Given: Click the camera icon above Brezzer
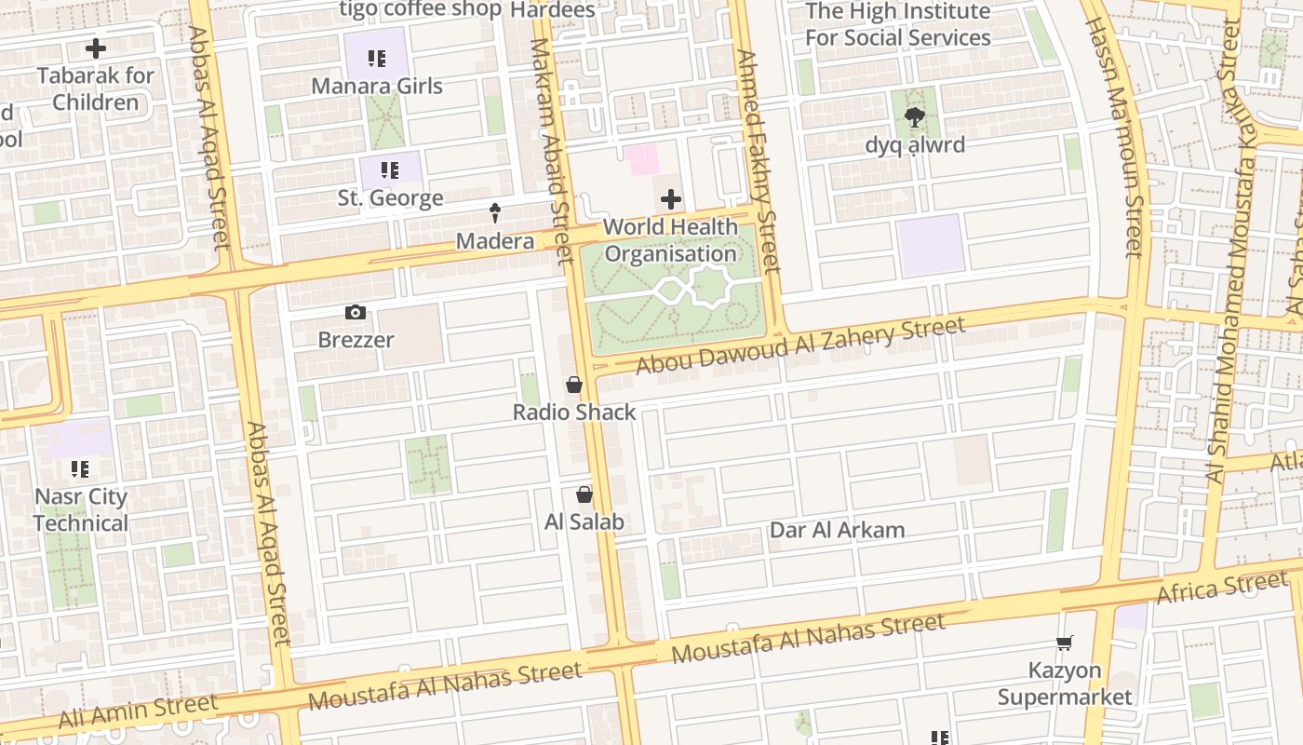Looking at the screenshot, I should [x=355, y=313].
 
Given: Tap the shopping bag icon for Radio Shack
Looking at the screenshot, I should [x=574, y=385].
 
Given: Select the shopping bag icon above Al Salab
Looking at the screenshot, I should [x=584, y=494].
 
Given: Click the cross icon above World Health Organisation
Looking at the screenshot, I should [x=670, y=199].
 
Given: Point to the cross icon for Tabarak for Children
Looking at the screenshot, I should [x=95, y=48].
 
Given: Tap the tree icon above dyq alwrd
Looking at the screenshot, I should [x=915, y=117].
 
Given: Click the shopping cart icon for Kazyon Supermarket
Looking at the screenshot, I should [x=1065, y=643].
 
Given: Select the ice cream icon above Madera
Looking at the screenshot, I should [x=495, y=213].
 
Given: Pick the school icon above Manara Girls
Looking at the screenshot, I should [x=376, y=60].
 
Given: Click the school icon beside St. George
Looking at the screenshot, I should [x=390, y=170].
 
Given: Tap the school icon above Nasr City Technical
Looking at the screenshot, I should [x=80, y=469].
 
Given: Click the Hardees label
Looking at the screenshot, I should [x=552, y=10].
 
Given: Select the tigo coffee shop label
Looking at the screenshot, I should [x=420, y=9].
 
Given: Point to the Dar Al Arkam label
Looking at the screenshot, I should [x=837, y=530].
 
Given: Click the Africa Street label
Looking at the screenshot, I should [x=1221, y=589].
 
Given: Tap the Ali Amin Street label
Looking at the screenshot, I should [x=138, y=711].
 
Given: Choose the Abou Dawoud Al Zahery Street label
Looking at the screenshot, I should [x=800, y=345].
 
